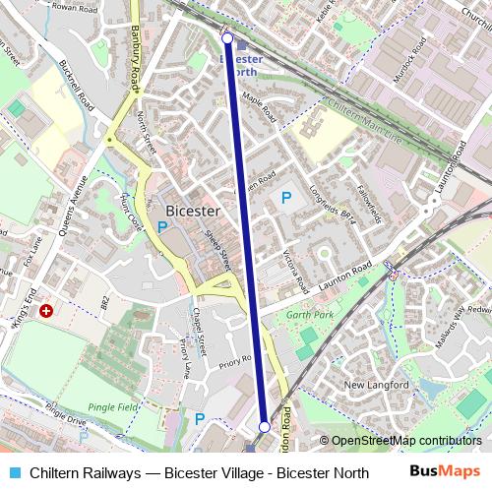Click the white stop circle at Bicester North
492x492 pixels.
tap(227, 38)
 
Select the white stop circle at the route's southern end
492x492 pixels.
tap(264, 426)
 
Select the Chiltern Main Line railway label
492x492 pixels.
tap(364, 120)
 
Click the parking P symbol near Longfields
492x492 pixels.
tap(286, 198)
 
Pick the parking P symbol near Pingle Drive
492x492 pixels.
tap(200, 419)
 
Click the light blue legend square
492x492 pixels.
tap(12, 473)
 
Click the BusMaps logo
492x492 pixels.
tap(445, 472)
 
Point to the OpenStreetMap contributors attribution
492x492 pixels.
tap(403, 441)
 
